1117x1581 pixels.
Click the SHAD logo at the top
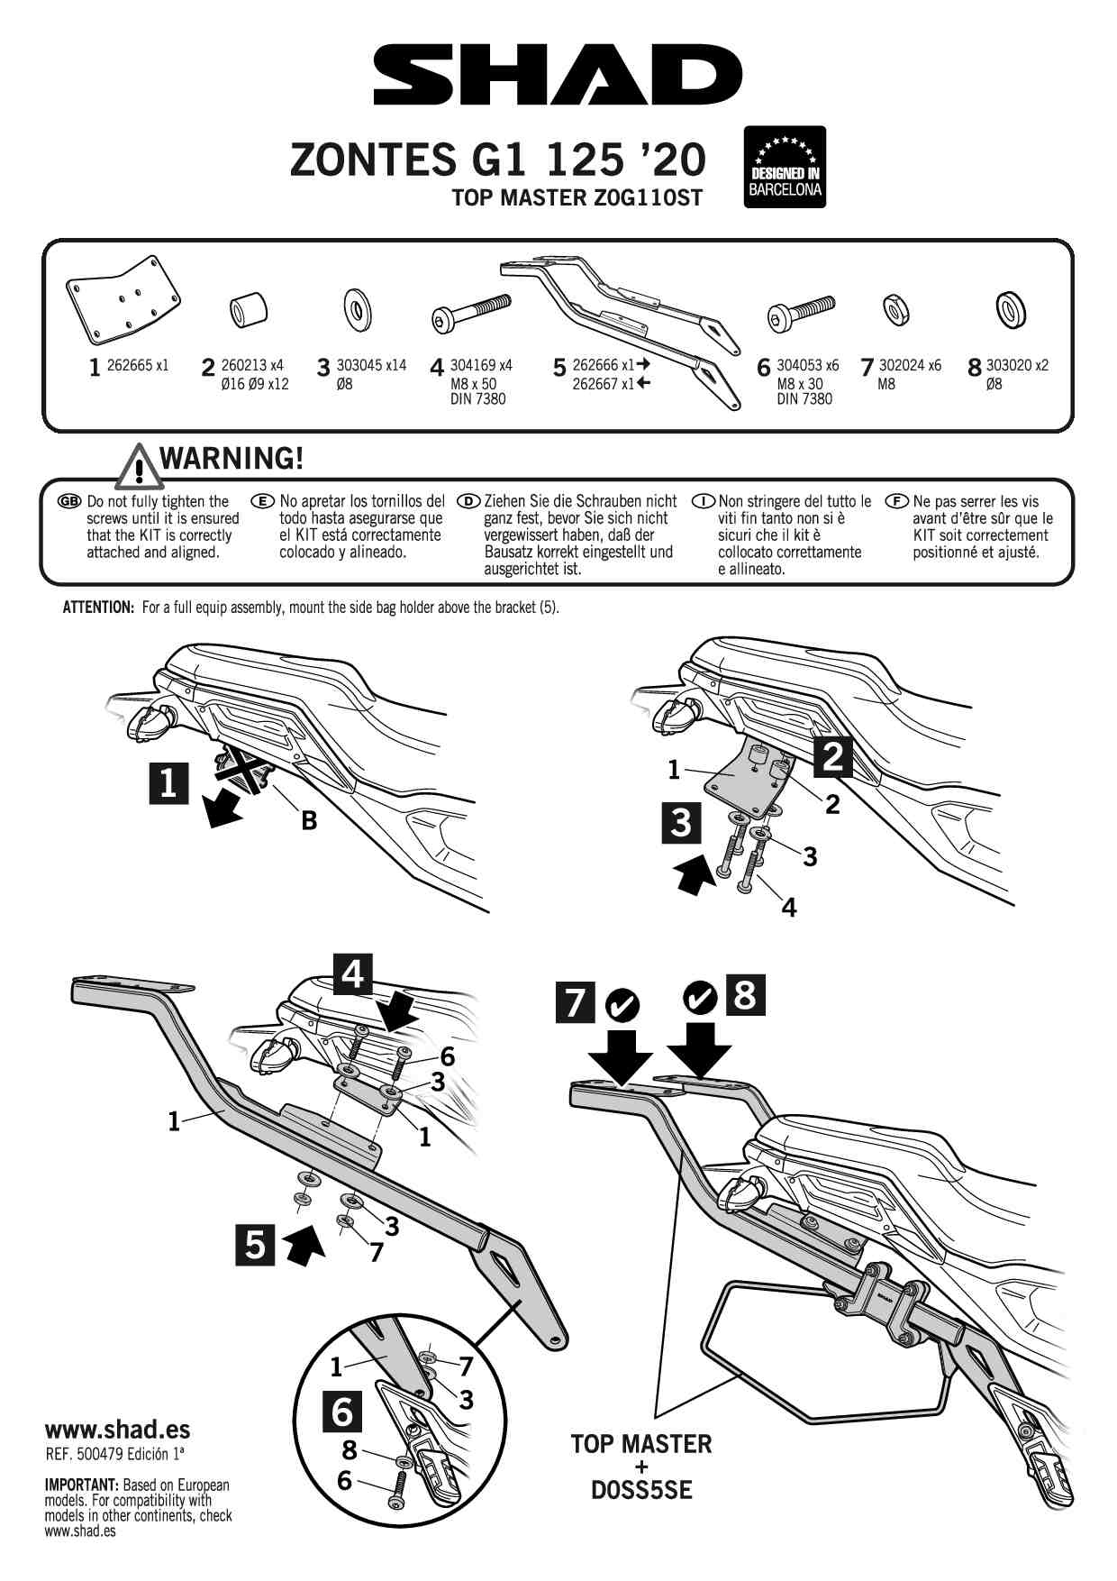click(x=558, y=76)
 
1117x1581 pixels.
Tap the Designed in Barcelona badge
click(x=785, y=167)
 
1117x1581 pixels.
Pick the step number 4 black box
click(x=352, y=974)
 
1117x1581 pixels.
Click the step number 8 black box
click(x=745, y=995)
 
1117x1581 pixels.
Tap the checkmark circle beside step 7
click(x=622, y=1003)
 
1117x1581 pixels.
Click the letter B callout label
click(x=309, y=821)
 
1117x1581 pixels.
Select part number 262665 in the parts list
click(x=137, y=366)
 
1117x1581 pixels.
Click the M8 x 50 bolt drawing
click(x=471, y=315)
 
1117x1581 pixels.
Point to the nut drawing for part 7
click(x=895, y=309)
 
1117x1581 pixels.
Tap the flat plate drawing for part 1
click(x=124, y=300)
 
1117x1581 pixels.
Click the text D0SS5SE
click(x=641, y=1491)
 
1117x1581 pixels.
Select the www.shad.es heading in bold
click(x=117, y=1429)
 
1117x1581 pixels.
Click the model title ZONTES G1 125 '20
click(x=497, y=160)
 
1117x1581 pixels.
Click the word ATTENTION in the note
click(x=98, y=608)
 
